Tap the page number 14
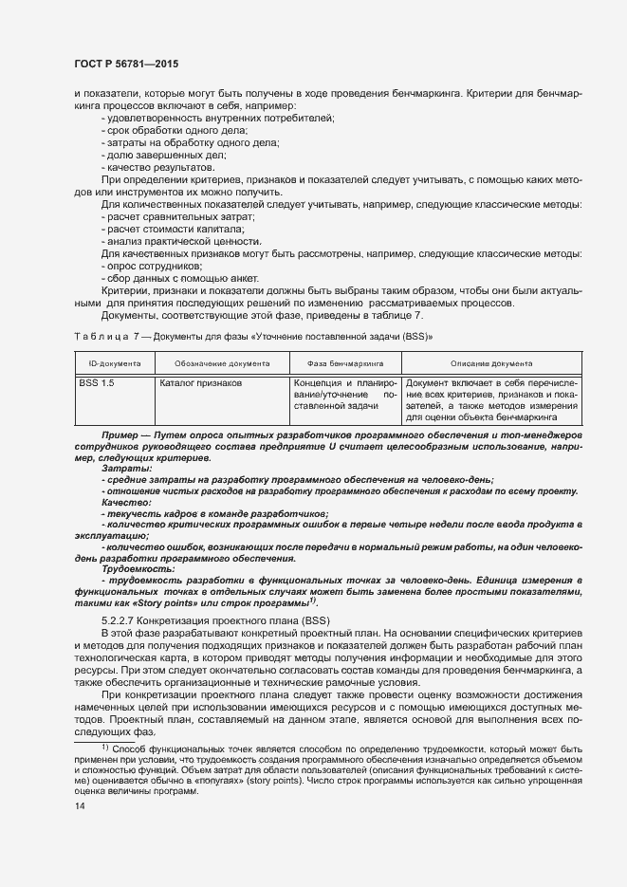tap(80, 806)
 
